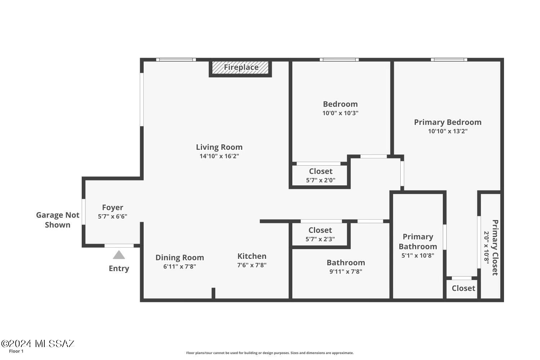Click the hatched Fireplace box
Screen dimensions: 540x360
click(x=240, y=68)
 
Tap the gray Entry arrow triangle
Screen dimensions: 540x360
click(x=119, y=255)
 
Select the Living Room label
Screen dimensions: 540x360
click(x=219, y=147)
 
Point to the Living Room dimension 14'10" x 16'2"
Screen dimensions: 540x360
click(x=219, y=156)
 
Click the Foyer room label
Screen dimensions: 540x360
click(x=113, y=207)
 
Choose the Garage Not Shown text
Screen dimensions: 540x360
click(x=58, y=220)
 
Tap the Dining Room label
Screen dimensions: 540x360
click(x=180, y=257)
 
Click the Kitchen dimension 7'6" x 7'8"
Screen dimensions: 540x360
click(x=252, y=265)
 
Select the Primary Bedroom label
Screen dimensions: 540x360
click(x=448, y=122)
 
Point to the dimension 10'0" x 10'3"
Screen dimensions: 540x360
click(x=341, y=113)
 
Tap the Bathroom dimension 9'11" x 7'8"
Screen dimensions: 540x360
click(x=346, y=271)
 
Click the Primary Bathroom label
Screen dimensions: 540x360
click(x=418, y=242)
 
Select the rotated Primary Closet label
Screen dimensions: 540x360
click(x=495, y=247)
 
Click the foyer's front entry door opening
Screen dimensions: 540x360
click(x=119, y=246)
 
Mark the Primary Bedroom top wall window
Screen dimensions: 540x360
click(x=449, y=59)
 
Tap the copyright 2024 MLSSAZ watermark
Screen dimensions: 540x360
click(x=38, y=343)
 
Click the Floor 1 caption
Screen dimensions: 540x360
click(x=16, y=351)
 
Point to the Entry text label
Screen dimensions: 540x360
click(x=119, y=268)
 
